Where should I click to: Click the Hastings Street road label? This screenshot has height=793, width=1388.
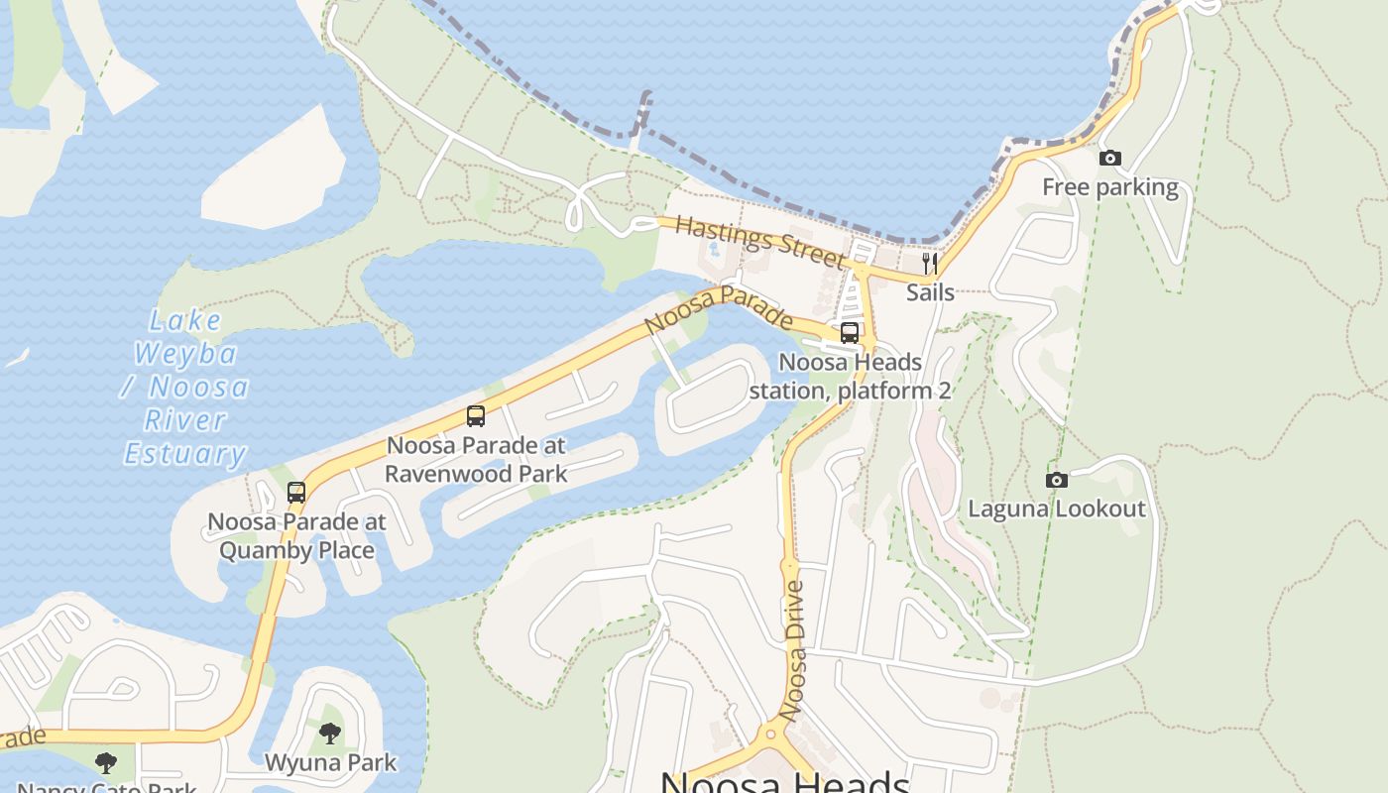click(x=760, y=240)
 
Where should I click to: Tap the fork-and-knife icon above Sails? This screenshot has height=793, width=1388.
click(x=930, y=264)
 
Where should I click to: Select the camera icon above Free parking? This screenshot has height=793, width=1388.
click(x=1110, y=159)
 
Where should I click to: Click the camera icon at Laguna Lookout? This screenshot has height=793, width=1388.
click(x=1057, y=481)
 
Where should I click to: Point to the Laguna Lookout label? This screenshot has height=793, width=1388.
click(x=1057, y=510)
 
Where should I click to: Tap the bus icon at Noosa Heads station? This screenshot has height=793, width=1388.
click(x=850, y=333)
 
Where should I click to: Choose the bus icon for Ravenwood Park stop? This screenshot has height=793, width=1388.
click(x=476, y=416)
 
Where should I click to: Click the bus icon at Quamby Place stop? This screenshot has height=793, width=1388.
click(x=296, y=492)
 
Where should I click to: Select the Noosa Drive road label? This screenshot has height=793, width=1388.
click(x=792, y=650)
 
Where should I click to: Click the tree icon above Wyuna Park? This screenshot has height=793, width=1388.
click(x=330, y=734)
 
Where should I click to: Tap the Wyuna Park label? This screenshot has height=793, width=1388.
click(x=330, y=763)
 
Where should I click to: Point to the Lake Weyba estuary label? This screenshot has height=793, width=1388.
click(x=185, y=387)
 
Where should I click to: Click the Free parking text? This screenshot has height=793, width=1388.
click(x=1110, y=187)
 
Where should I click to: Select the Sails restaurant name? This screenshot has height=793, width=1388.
click(x=930, y=292)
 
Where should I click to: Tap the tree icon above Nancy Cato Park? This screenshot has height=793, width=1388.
click(x=106, y=763)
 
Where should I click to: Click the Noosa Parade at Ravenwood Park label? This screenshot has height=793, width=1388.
click(x=476, y=460)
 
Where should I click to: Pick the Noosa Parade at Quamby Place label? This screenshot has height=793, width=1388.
click(x=296, y=535)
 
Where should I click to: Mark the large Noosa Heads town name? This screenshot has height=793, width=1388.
click(x=784, y=781)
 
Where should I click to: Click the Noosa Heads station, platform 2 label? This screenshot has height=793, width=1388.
click(x=850, y=377)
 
